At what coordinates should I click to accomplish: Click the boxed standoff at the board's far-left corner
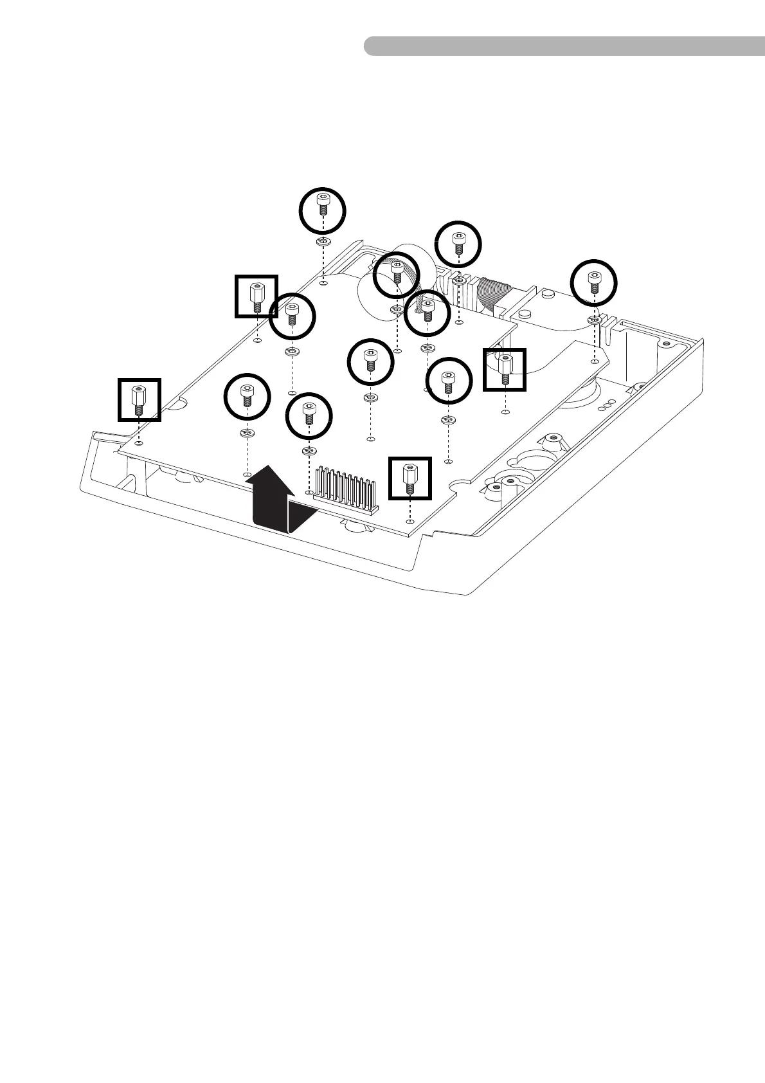tap(139, 399)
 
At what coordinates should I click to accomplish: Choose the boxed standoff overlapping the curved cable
tap(505, 370)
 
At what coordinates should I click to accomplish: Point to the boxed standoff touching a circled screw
tap(256, 296)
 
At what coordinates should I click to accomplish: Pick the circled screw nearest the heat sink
tap(309, 416)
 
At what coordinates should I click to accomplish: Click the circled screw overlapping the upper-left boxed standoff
tap(292, 316)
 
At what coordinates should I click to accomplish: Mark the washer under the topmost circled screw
tap(323, 242)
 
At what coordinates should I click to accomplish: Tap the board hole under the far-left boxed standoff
tap(139, 443)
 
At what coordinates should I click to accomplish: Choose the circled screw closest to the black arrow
tap(247, 397)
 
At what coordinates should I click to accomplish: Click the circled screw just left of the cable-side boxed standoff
tap(449, 380)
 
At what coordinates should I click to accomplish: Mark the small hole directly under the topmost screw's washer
tap(323, 282)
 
